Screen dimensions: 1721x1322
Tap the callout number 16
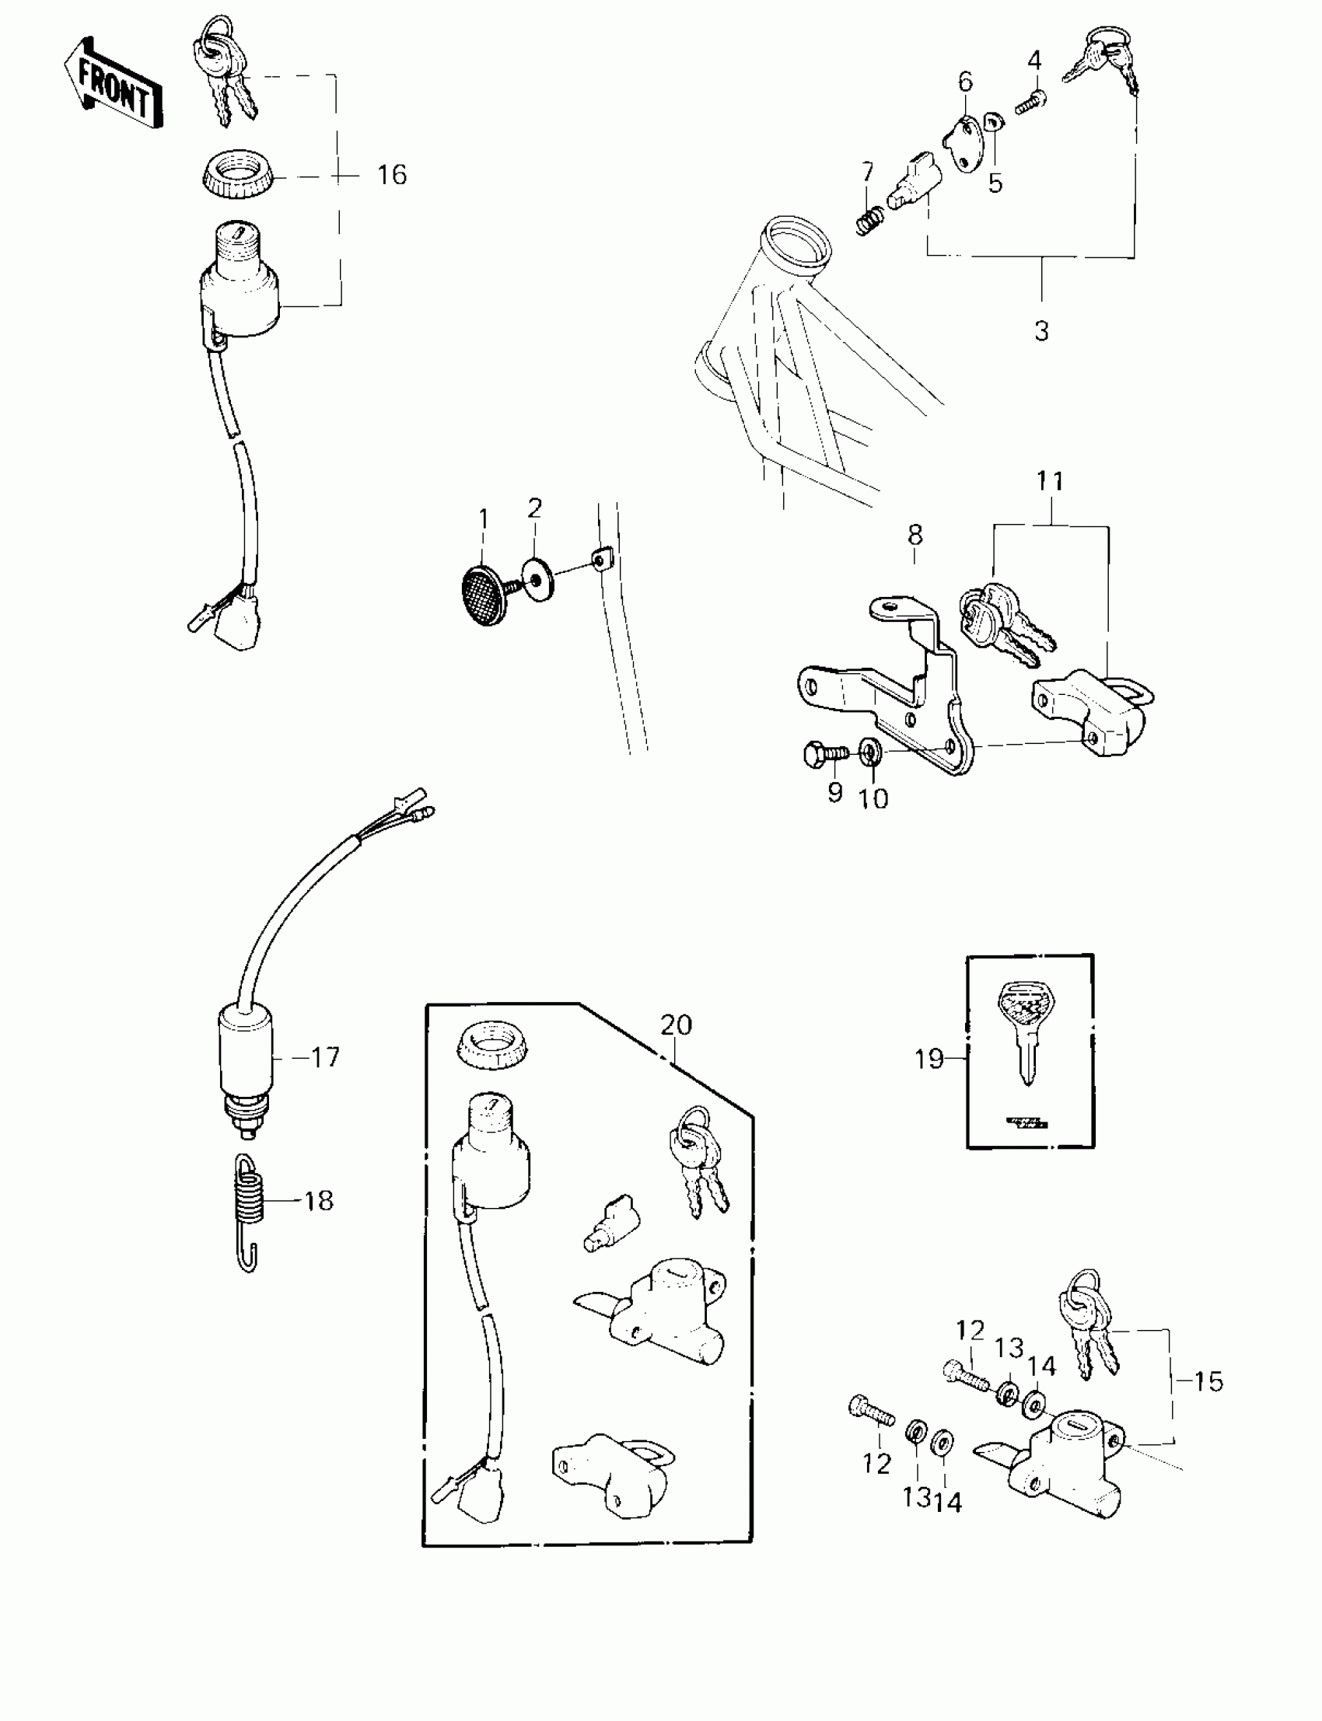[391, 175]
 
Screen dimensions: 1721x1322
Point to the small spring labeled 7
[869, 218]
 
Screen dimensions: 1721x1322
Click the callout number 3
[1041, 331]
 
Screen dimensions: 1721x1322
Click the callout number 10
[873, 798]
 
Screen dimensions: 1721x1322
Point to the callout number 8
[915, 536]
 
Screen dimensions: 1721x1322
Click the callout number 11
[1050, 480]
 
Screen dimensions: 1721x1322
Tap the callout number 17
[325, 1057]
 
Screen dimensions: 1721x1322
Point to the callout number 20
[676, 1025]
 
